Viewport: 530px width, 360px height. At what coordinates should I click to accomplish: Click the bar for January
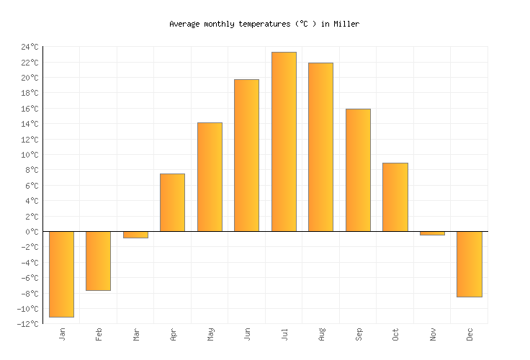point(61,274)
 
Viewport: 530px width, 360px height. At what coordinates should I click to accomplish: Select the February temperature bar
point(98,261)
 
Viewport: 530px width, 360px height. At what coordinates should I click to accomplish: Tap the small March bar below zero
point(135,235)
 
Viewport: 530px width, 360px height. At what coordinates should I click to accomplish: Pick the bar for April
point(172,202)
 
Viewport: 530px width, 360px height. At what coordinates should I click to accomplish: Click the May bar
point(210,177)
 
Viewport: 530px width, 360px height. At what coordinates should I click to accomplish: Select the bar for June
point(246,156)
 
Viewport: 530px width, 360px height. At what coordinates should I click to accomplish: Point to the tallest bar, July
point(284,142)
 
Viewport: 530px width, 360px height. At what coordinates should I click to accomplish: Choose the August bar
point(320,147)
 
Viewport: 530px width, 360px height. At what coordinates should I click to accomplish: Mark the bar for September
point(358,170)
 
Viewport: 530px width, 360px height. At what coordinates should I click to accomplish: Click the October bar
point(395,197)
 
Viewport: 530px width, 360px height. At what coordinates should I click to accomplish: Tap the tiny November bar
point(432,233)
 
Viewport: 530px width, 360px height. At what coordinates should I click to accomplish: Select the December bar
point(469,264)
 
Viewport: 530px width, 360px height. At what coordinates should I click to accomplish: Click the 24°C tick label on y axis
point(30,47)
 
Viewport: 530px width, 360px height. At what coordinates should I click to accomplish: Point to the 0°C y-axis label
point(32,232)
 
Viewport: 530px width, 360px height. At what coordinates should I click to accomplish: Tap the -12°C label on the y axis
point(28,324)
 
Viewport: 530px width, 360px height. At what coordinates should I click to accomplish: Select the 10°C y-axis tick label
point(30,155)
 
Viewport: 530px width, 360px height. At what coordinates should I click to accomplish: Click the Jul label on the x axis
point(284,335)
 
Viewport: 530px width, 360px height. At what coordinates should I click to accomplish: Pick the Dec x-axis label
point(470,335)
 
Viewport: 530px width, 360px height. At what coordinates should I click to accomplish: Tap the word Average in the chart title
point(184,24)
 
